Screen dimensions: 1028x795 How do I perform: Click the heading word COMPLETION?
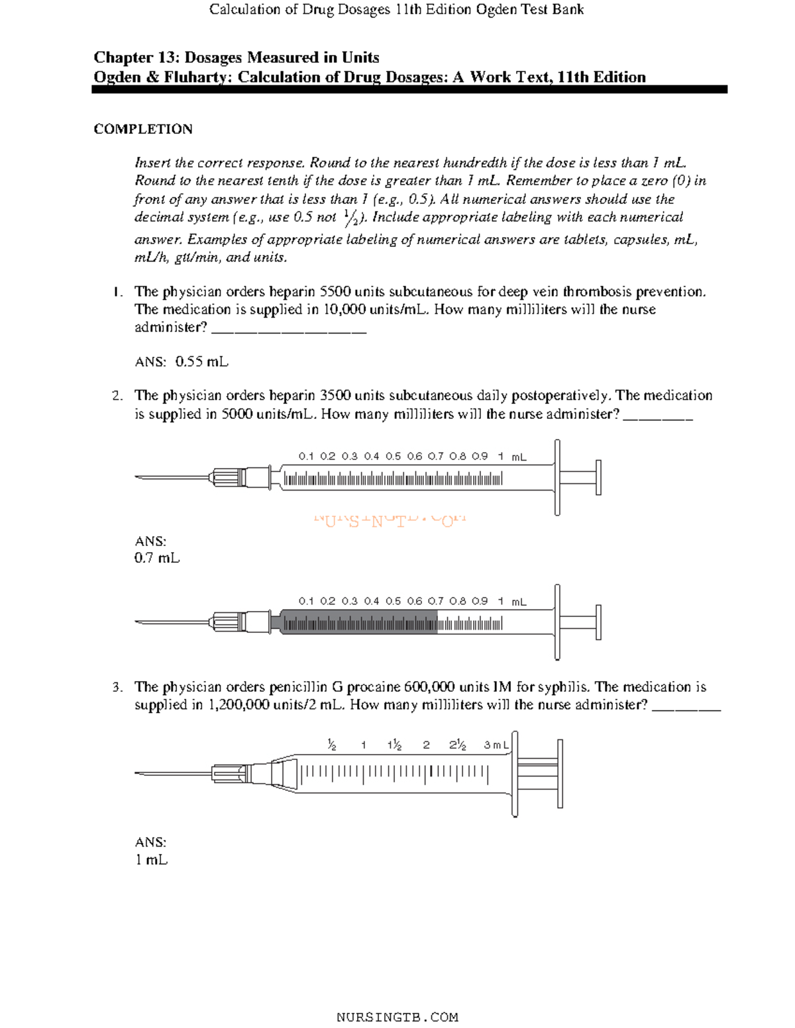(x=143, y=129)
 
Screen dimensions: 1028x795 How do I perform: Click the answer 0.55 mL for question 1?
(x=201, y=361)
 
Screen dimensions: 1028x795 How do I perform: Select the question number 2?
(x=117, y=396)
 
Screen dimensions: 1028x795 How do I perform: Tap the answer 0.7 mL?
(x=156, y=558)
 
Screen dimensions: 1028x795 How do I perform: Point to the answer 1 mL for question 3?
(x=151, y=860)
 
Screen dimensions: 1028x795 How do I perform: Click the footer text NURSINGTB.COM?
(x=397, y=1017)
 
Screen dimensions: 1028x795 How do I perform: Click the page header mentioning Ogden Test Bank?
(x=396, y=9)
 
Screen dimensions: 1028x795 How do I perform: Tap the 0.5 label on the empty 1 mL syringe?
(x=393, y=456)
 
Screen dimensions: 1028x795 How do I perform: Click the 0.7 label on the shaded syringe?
(x=436, y=601)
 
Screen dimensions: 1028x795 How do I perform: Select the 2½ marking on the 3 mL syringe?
(x=458, y=745)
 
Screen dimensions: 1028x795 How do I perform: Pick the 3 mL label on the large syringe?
(x=496, y=745)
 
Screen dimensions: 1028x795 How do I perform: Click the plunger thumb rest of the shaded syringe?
(x=598, y=622)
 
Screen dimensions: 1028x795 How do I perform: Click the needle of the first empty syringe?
(x=172, y=477)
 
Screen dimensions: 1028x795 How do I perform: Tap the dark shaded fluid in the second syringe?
(x=358, y=623)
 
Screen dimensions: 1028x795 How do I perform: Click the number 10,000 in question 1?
(x=346, y=310)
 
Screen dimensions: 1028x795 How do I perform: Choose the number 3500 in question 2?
(x=335, y=396)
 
